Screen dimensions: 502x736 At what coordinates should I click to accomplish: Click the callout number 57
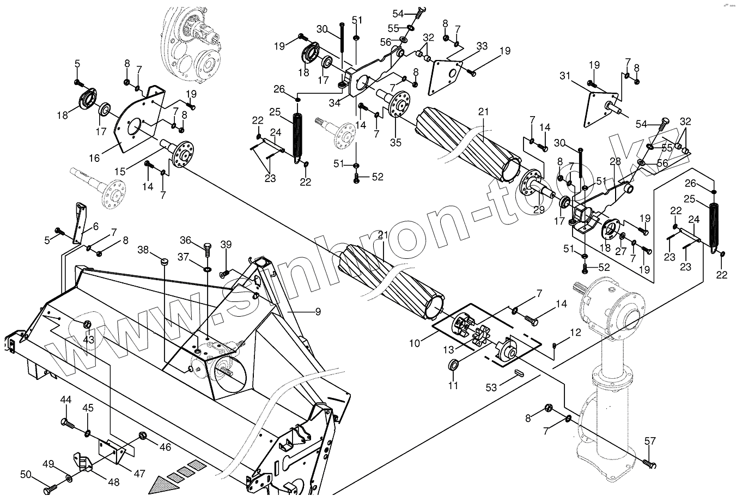click(650, 441)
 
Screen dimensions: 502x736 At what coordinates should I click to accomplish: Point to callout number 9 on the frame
click(318, 312)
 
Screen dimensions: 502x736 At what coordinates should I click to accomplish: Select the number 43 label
click(88, 340)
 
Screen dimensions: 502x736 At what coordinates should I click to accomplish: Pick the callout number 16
click(94, 158)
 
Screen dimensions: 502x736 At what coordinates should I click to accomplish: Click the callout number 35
click(396, 143)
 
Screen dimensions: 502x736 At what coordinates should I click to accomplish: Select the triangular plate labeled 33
click(447, 76)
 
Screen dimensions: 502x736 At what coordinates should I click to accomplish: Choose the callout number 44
click(65, 400)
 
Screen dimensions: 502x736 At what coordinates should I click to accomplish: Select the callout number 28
click(615, 162)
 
